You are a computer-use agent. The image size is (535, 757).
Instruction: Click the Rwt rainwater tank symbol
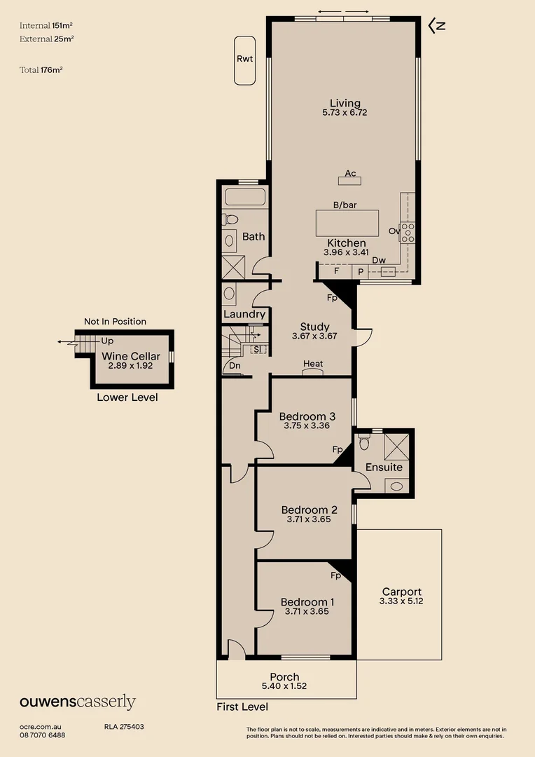coord(244,60)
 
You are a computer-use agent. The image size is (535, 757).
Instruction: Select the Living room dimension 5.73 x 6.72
coord(345,112)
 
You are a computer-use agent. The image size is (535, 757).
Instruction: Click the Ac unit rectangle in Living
coord(350,181)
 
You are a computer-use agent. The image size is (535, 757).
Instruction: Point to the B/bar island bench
coord(347,224)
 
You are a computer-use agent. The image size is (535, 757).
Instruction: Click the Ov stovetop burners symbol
coord(408,231)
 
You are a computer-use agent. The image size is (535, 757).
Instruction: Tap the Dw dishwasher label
coord(379,260)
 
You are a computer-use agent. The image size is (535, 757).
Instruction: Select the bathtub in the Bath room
coord(244,197)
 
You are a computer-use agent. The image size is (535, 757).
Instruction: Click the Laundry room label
coord(244,314)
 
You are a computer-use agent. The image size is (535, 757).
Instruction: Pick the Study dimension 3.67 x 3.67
coord(314,336)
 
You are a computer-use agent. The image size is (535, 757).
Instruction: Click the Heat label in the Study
coord(313,364)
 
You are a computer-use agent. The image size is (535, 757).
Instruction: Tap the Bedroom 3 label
coord(307,416)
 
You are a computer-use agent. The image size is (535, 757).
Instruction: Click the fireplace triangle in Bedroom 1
coord(341,570)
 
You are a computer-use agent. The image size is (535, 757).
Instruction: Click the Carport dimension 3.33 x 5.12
coord(401,601)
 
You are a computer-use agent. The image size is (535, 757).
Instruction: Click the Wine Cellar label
coord(131,356)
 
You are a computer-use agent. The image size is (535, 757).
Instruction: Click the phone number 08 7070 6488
coord(43,735)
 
